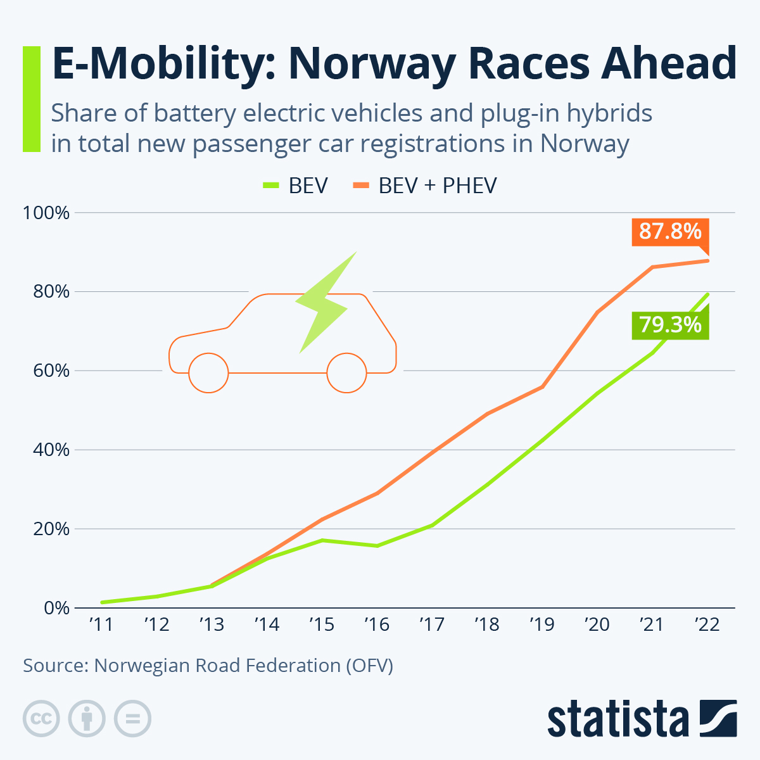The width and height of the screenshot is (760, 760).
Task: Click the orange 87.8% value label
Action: (669, 232)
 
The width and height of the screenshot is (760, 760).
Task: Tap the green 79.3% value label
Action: (669, 325)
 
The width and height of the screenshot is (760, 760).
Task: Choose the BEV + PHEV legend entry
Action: (424, 186)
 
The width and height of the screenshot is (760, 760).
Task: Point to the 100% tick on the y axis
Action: (46, 213)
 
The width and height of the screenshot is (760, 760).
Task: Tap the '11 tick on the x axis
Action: (101, 625)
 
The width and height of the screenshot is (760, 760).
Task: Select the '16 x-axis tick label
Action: (377, 625)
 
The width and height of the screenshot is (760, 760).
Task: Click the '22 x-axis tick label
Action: (707, 625)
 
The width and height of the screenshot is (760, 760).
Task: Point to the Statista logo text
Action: (618, 719)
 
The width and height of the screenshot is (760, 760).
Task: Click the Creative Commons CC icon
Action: (41, 719)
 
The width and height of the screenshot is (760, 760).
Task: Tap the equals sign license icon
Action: (132, 719)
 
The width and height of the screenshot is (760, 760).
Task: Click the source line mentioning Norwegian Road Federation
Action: (208, 666)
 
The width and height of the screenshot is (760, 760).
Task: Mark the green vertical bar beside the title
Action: (31, 99)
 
